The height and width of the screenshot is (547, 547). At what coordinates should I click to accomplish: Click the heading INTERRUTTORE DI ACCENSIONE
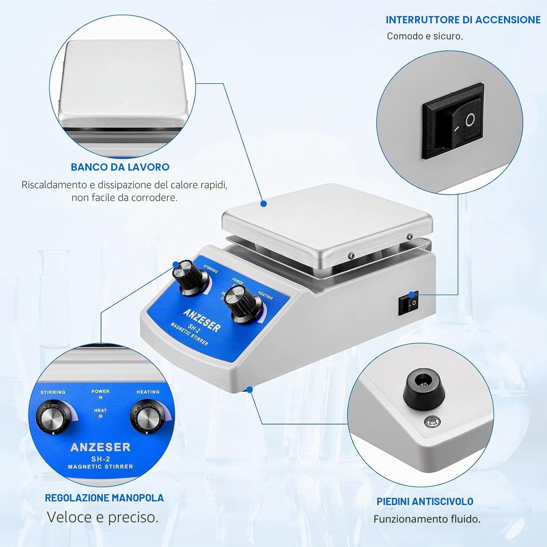tap(463, 20)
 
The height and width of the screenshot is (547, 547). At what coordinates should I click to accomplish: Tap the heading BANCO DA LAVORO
tap(120, 167)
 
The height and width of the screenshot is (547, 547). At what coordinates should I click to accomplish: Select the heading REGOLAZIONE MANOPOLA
tap(104, 498)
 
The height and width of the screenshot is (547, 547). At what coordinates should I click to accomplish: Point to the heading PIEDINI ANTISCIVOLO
tap(425, 501)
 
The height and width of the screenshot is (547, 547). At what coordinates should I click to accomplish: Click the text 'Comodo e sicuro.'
tap(425, 36)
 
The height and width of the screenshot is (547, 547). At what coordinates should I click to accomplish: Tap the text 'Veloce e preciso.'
tap(103, 517)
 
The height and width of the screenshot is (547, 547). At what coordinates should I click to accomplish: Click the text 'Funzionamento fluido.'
tap(427, 519)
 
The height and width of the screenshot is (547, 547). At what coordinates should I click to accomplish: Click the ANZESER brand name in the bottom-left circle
tap(100, 447)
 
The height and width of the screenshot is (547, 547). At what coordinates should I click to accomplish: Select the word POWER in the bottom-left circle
tap(100, 391)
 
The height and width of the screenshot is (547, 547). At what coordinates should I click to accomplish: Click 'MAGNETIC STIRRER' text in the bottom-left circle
tap(100, 466)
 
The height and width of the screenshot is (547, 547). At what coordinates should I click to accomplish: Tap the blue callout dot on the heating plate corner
tap(263, 204)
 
